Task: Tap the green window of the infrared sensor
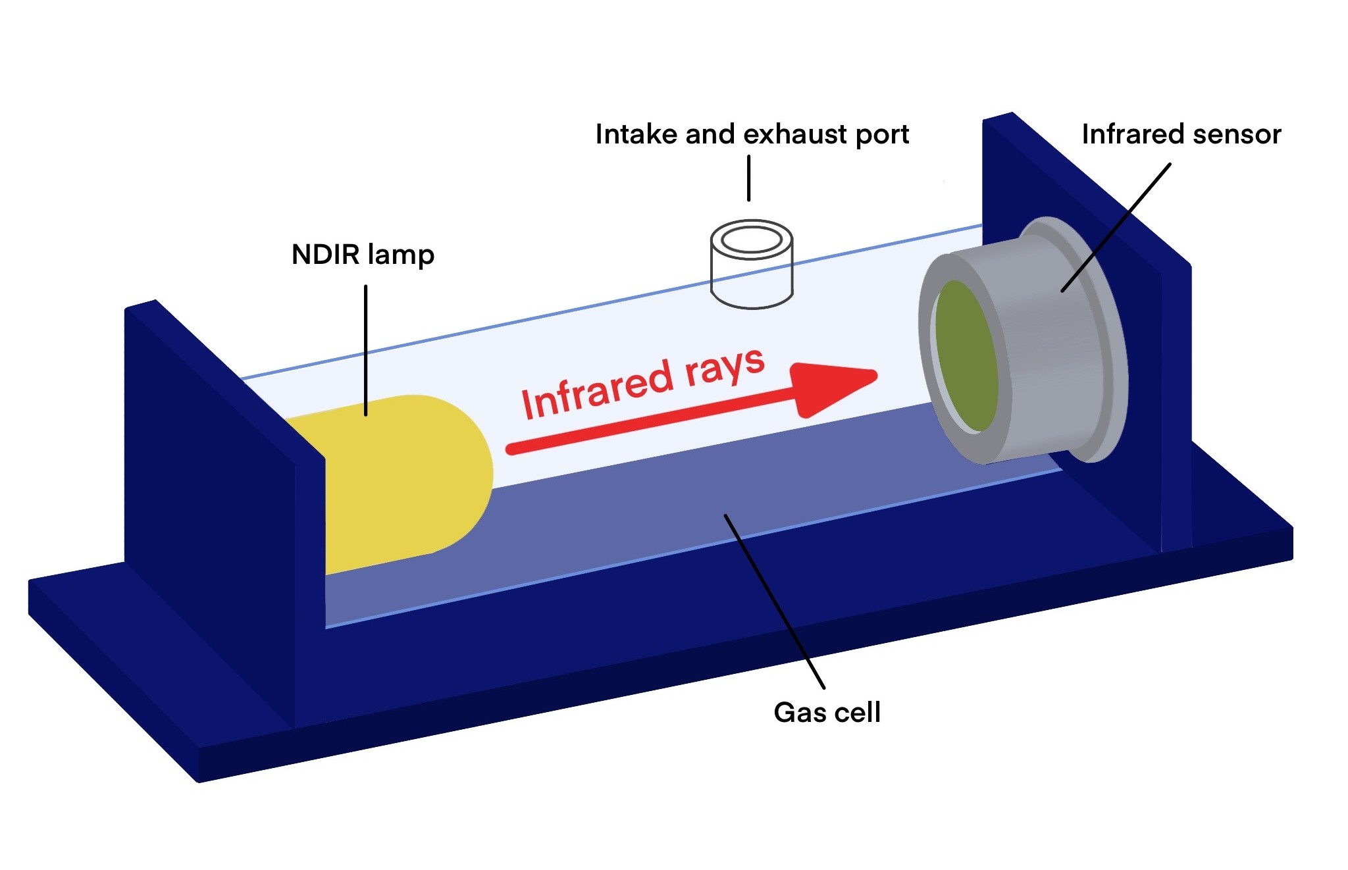pos(965,355)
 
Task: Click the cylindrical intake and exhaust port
pos(752,276)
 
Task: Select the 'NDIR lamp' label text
pos(363,255)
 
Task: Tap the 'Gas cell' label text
pos(827,712)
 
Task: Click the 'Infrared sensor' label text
pos(1181,134)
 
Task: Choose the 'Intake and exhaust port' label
pos(752,134)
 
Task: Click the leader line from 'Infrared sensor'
pos(1116,227)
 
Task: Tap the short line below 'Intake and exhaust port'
pos(749,178)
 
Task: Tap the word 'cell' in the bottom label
pos(855,712)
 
